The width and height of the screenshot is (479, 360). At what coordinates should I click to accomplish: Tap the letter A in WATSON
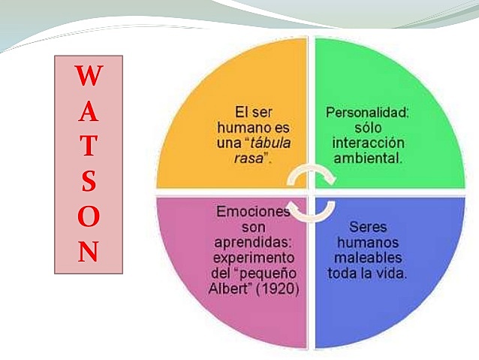click(x=89, y=113)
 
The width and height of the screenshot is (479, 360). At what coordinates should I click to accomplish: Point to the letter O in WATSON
click(x=89, y=218)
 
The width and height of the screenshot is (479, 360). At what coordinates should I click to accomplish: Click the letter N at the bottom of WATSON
click(x=89, y=253)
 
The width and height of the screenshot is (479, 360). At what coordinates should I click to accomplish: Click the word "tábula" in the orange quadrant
click(x=271, y=143)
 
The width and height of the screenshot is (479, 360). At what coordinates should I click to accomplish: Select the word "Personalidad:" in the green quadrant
click(x=366, y=112)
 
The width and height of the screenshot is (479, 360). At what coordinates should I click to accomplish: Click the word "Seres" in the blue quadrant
click(x=368, y=226)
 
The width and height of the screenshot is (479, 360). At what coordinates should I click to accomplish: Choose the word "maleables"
click(x=368, y=257)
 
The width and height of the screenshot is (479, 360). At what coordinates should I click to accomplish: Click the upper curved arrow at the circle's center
click(x=310, y=174)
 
